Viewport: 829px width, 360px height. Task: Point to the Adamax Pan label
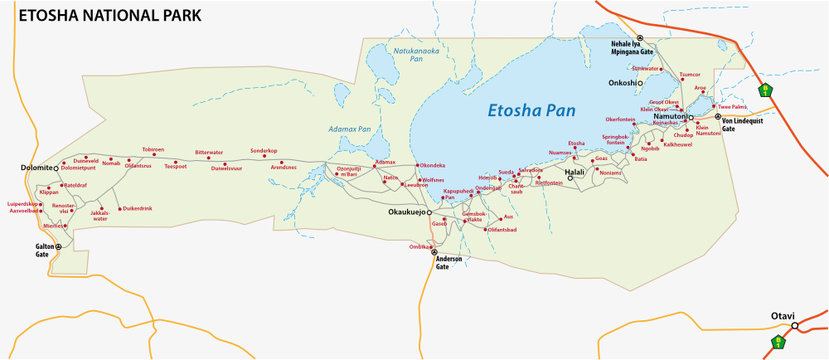[350, 129]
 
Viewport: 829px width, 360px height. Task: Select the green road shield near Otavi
[778, 343]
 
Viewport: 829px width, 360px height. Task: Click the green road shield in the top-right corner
[766, 89]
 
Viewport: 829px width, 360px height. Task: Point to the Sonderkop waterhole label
[263, 151]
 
